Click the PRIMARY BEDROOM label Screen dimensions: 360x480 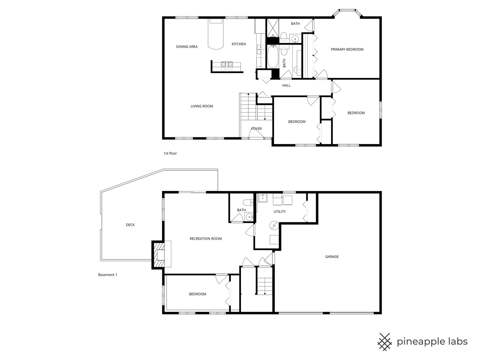[347, 49]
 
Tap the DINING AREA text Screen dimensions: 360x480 [187, 47]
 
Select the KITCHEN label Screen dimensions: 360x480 [239, 44]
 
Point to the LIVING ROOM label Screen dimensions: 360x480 [202, 106]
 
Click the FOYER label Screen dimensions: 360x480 [256, 129]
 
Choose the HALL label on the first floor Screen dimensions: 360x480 [286, 85]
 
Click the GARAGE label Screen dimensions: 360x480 [332, 257]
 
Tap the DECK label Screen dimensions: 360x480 [130, 225]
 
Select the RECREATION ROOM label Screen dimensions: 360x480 [205, 239]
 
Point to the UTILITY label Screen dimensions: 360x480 [279, 212]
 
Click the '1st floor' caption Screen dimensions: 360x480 [170, 153]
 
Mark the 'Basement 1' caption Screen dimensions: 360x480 [108, 275]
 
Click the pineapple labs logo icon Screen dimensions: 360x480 [385, 342]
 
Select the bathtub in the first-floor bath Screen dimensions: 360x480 [272, 57]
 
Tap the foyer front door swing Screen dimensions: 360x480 [256, 133]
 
